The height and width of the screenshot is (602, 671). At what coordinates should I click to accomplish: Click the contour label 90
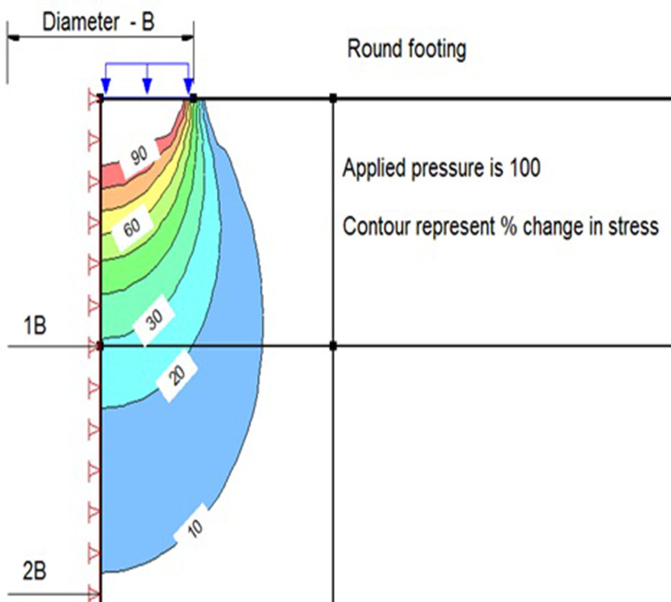(139, 156)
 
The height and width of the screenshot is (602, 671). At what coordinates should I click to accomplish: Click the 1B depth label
(34, 327)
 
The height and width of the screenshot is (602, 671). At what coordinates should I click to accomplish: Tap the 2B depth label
(34, 571)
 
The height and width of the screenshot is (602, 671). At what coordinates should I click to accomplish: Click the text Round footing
(407, 49)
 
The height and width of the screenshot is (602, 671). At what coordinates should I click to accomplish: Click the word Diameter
(81, 23)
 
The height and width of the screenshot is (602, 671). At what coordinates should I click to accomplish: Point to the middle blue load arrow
(147, 85)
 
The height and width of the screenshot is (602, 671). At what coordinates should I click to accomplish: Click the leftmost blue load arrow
(105, 86)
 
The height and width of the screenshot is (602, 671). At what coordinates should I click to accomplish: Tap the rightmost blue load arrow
(189, 86)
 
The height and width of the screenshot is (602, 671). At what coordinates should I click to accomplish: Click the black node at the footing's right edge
(193, 98)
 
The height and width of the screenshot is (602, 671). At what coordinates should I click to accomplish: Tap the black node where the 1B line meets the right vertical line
(333, 345)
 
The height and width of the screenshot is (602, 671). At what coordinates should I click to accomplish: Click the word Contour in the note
(376, 226)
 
